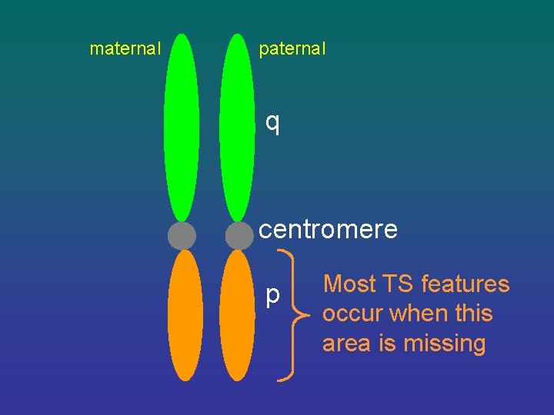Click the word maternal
click(x=125, y=49)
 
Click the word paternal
click(x=292, y=49)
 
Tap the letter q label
click(x=272, y=122)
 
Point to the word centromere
click(x=328, y=229)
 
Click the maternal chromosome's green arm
click(x=182, y=127)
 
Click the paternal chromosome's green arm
click(x=237, y=127)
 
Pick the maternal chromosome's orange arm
click(x=185, y=315)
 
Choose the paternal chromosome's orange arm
click(x=237, y=315)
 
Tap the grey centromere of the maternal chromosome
click(x=182, y=235)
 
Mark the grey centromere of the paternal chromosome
click(x=239, y=235)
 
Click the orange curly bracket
click(x=292, y=314)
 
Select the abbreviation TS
click(x=398, y=284)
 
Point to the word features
click(x=465, y=284)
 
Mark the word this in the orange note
click(x=472, y=314)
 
